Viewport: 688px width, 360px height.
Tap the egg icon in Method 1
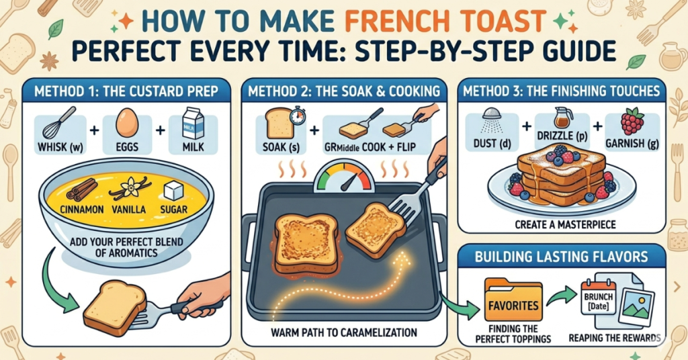point(126,124)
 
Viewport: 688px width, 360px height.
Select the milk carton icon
point(194,124)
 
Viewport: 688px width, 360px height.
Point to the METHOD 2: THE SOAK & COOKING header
point(344,89)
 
